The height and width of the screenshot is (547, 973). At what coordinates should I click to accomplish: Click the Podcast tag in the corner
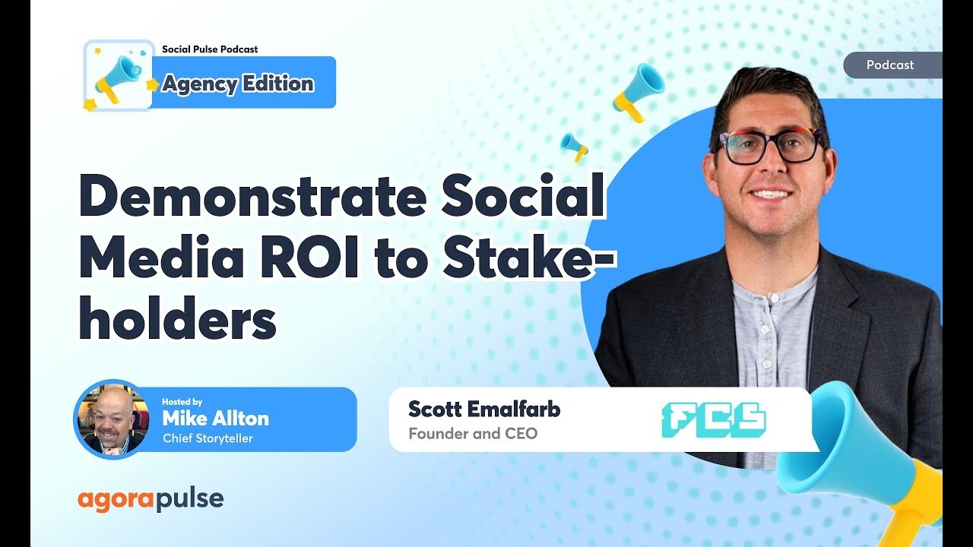[890, 65]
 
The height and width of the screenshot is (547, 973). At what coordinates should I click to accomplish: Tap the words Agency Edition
[238, 84]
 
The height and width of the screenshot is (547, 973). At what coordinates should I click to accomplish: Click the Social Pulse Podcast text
[210, 49]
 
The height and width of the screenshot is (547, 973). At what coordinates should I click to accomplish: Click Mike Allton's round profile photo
[111, 419]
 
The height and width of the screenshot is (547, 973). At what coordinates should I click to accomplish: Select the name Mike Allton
[215, 418]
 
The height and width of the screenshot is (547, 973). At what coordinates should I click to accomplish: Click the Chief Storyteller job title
[208, 438]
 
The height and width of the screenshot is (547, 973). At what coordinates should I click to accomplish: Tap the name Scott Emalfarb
[484, 409]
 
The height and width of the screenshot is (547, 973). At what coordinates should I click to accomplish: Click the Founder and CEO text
[472, 434]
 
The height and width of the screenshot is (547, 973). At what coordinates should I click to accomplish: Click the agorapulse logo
[151, 499]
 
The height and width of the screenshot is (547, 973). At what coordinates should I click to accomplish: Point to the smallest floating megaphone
[575, 146]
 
